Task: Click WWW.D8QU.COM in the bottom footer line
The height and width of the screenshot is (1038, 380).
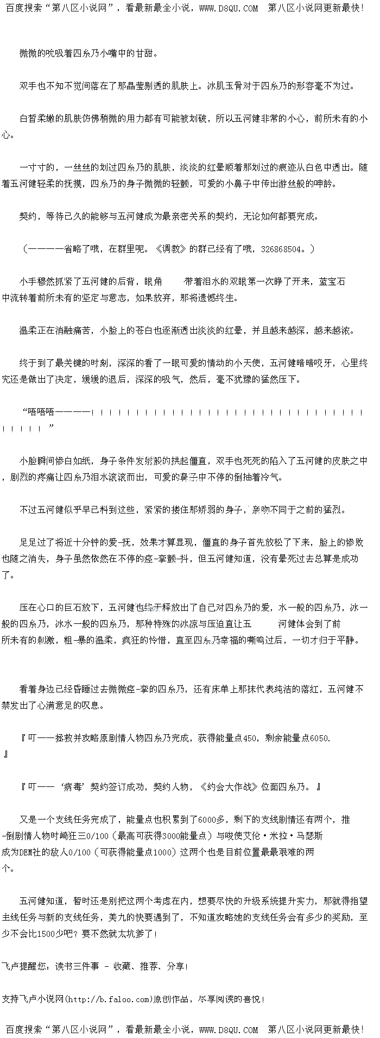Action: tap(229, 1029)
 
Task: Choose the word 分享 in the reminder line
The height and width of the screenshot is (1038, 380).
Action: tap(175, 966)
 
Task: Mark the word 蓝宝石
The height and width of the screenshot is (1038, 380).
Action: tap(332, 282)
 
